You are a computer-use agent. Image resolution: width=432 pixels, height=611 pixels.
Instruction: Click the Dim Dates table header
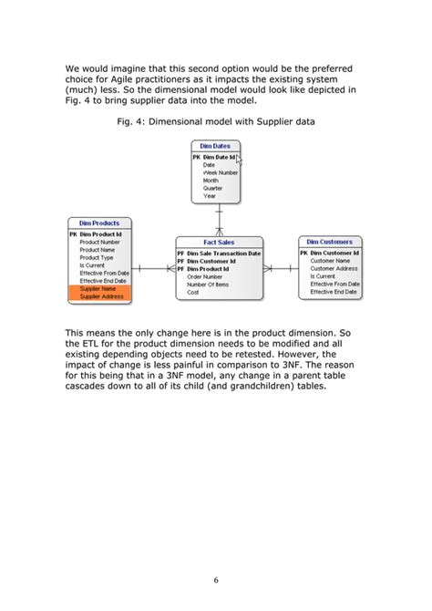coord(215,146)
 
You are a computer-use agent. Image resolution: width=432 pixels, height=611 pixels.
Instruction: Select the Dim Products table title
coord(99,223)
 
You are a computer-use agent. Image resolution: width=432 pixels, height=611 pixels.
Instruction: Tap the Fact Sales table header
coord(219,242)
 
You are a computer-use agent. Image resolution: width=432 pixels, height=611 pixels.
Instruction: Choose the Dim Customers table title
coord(329,242)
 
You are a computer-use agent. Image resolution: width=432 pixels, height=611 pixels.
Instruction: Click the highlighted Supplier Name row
coord(101,288)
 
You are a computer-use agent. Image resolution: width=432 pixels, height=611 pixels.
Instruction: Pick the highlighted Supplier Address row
coord(103,296)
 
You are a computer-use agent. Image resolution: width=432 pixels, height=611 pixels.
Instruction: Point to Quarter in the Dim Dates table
coord(212,188)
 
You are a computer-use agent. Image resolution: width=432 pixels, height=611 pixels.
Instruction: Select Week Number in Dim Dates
coord(221,171)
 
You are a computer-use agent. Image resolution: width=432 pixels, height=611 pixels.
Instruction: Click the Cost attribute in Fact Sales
coord(193,293)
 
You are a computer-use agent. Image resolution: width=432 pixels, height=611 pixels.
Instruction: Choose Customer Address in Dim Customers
coord(334,268)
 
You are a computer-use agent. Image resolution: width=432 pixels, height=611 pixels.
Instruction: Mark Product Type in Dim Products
coord(97,257)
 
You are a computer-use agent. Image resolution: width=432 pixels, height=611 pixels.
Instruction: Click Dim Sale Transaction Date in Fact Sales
coord(223,253)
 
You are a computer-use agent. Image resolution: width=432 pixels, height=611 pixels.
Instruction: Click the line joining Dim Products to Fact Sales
coord(153,268)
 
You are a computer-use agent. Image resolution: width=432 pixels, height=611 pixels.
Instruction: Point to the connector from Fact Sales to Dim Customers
coord(280,268)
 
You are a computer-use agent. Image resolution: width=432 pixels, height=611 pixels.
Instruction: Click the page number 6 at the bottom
coord(216,579)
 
